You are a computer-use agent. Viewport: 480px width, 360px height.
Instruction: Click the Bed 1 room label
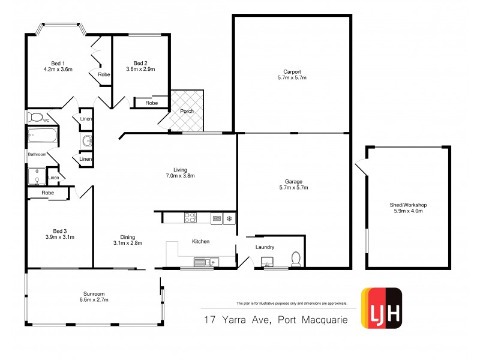tap(58, 63)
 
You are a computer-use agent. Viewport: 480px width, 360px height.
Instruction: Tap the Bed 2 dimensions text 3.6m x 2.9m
tap(140, 70)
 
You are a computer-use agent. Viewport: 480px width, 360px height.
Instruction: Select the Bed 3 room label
tap(58, 231)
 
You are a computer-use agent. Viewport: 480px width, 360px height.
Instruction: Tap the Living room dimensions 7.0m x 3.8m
tap(181, 176)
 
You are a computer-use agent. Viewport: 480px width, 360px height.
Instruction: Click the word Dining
tap(127, 237)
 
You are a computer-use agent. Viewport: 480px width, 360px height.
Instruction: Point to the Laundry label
tap(265, 247)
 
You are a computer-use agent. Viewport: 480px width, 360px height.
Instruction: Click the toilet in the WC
tap(35, 117)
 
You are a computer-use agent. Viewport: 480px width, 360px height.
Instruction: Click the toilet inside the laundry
tap(295, 259)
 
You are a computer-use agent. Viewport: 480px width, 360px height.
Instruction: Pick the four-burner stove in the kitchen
tap(190, 218)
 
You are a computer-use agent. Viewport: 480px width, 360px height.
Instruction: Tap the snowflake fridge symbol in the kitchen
tap(228, 218)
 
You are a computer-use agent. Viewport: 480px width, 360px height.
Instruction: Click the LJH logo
tap(380, 308)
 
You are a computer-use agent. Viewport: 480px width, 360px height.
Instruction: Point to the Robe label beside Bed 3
tap(48, 193)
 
